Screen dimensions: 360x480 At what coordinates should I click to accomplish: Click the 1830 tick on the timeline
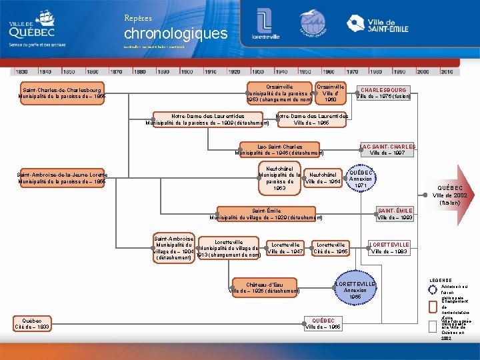tap(21, 71)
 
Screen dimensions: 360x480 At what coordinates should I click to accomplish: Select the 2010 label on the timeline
tap(447, 71)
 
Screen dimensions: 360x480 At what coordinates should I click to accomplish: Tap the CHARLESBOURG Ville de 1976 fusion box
tap(383, 93)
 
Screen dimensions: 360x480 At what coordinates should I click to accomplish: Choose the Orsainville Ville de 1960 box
tap(330, 93)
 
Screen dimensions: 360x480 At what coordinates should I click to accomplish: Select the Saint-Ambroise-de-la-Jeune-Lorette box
tap(62, 178)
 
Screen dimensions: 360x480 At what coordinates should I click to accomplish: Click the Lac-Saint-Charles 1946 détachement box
tap(279, 150)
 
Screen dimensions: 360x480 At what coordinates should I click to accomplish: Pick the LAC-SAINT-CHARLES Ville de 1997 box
tap(387, 150)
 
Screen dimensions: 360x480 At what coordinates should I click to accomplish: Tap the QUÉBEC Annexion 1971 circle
tap(361, 178)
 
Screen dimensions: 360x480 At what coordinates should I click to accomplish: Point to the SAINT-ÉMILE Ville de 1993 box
tap(395, 214)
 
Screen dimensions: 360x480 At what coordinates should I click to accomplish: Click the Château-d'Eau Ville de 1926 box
tap(264, 287)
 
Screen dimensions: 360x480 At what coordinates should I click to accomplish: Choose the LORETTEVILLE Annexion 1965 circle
tap(355, 287)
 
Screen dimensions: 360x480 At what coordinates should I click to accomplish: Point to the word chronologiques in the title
tap(175, 33)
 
